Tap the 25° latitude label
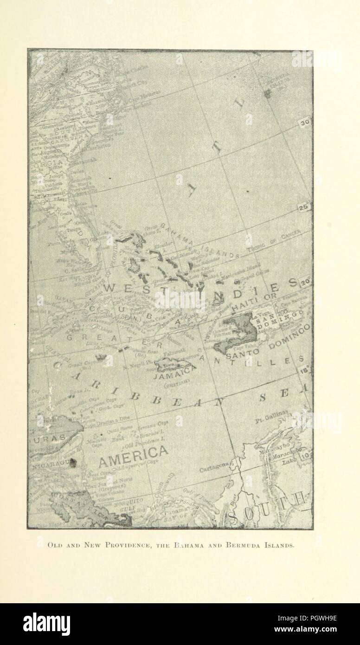pyautogui.click(x=304, y=208)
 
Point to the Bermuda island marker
pyautogui.click(x=268, y=94)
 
